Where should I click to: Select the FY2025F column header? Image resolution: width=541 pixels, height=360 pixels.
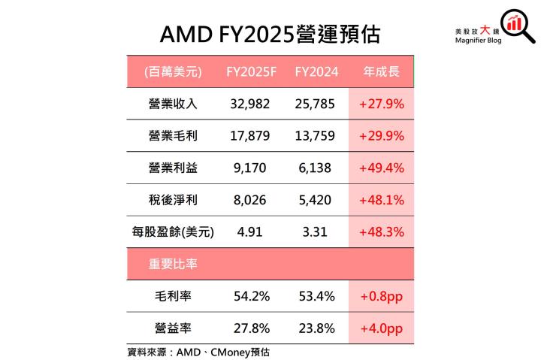pyautogui.click(x=252, y=72)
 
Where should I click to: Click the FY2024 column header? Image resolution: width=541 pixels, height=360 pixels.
pyautogui.click(x=316, y=72)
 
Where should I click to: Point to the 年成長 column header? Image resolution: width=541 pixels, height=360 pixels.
pyautogui.click(x=381, y=72)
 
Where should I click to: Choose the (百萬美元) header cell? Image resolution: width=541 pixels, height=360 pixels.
pyautogui.click(x=172, y=72)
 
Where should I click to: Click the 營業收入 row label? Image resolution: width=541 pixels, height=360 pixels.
pyautogui.click(x=172, y=104)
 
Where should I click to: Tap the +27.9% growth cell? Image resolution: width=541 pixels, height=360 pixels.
pyautogui.click(x=382, y=104)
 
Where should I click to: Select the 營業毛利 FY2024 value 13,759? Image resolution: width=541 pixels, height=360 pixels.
pyautogui.click(x=315, y=136)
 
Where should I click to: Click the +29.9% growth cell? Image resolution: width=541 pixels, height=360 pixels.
pyautogui.click(x=382, y=136)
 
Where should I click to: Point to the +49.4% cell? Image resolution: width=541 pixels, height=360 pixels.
pyautogui.click(x=382, y=168)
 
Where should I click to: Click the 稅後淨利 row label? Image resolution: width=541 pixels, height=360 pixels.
pyautogui.click(x=172, y=200)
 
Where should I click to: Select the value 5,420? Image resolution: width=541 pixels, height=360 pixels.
pyautogui.click(x=315, y=200)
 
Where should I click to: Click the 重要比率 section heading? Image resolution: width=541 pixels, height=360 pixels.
pyautogui.click(x=172, y=265)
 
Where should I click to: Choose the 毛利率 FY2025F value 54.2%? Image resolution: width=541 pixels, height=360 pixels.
pyautogui.click(x=251, y=296)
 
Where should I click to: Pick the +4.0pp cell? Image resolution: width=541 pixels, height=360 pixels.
pyautogui.click(x=382, y=328)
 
